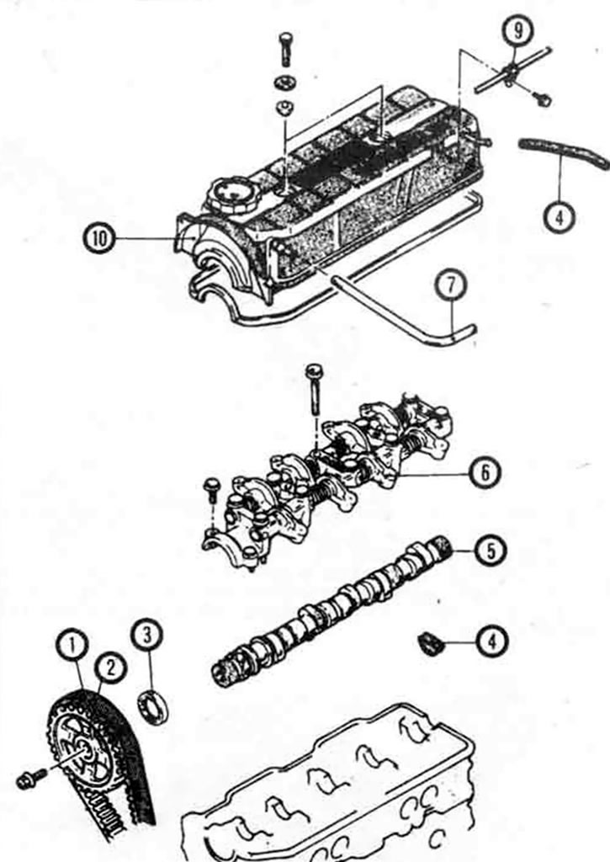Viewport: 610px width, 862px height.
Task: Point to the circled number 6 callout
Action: click(x=484, y=472)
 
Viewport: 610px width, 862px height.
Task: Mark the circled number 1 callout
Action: click(x=72, y=646)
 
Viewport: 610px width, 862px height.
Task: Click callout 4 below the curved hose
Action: click(x=559, y=217)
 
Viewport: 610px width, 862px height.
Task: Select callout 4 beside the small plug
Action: click(x=492, y=641)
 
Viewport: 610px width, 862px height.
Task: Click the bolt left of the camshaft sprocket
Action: click(x=32, y=779)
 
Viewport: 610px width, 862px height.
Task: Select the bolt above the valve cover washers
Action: click(x=286, y=50)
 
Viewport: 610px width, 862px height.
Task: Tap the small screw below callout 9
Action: click(x=542, y=99)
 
